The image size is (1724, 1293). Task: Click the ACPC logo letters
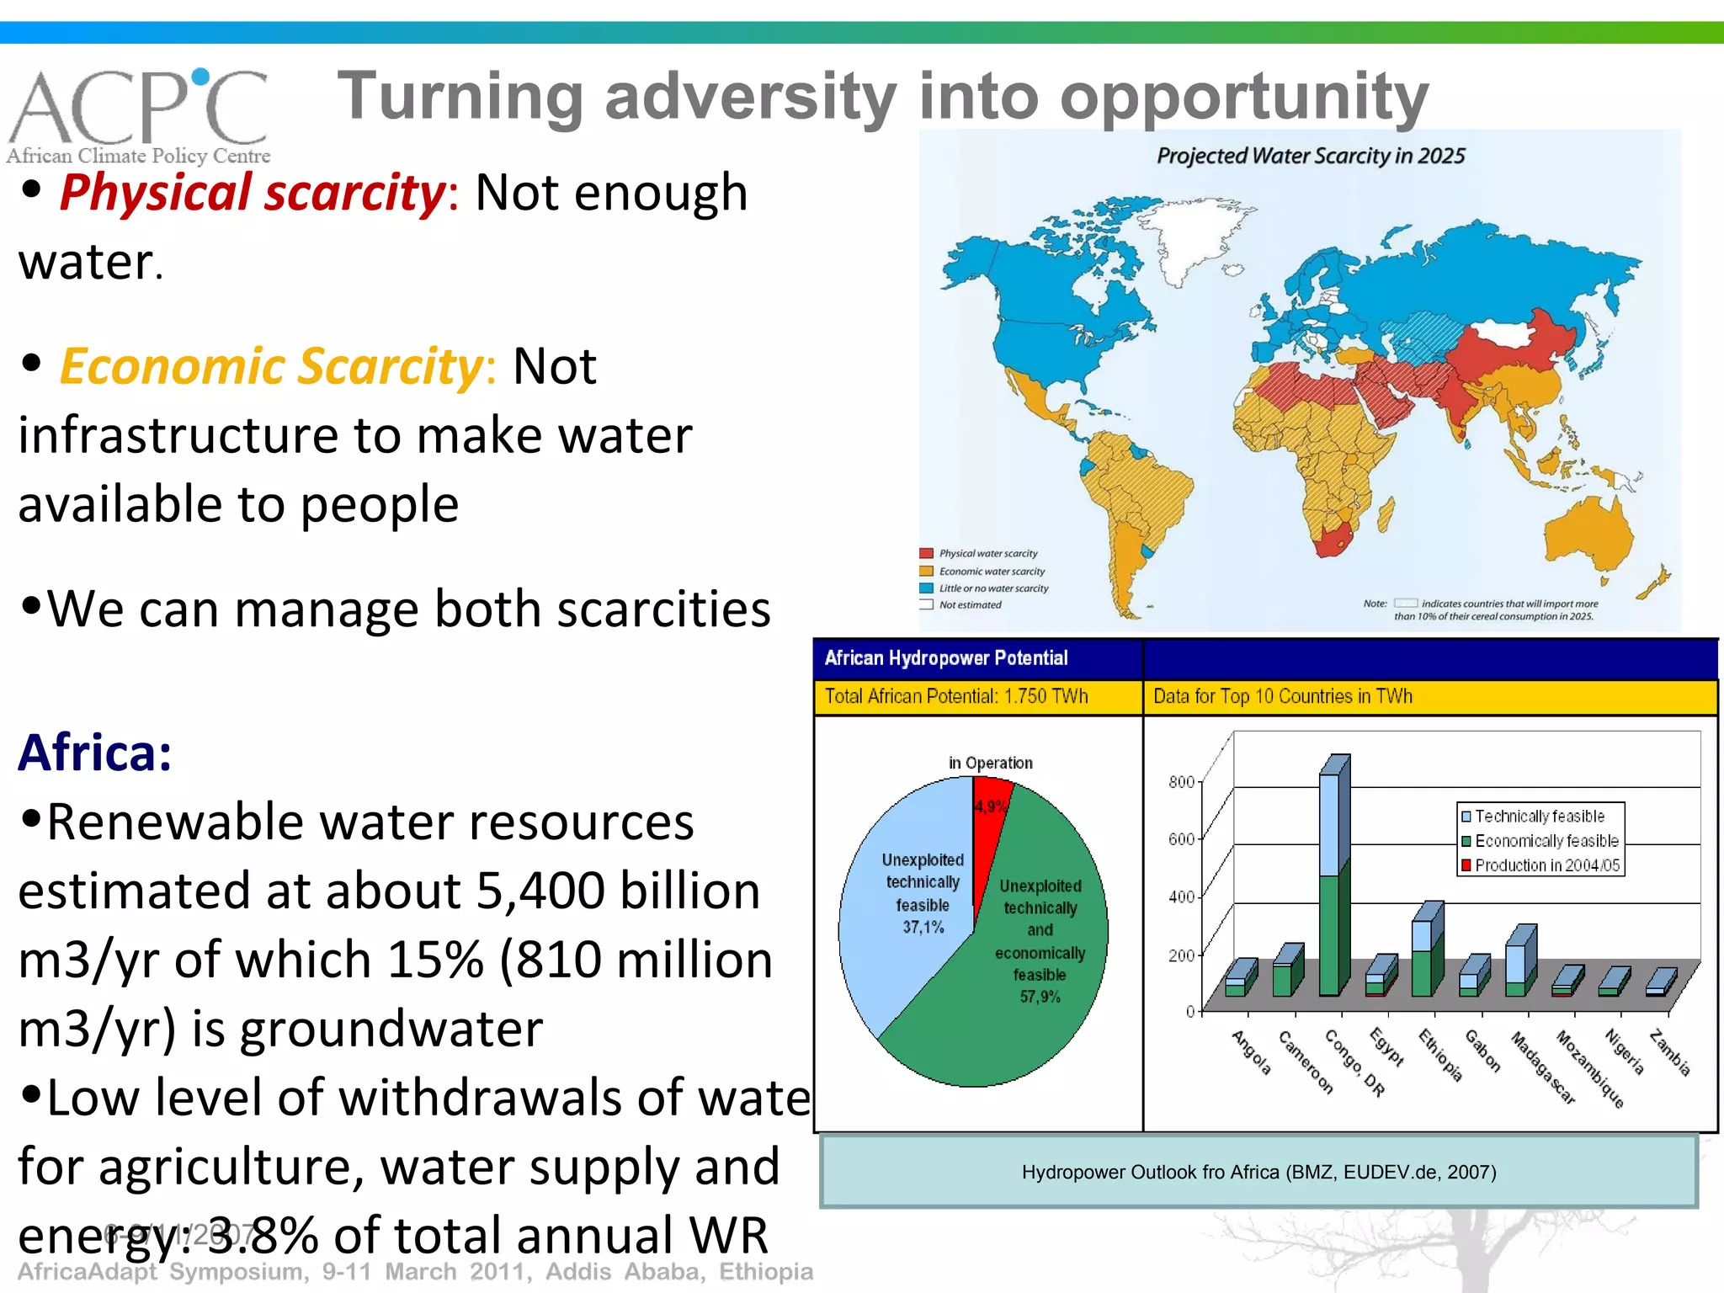point(139,107)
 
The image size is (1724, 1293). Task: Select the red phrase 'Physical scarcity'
point(253,193)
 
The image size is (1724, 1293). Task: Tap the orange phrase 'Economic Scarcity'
point(271,367)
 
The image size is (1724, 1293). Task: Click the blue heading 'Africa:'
point(95,753)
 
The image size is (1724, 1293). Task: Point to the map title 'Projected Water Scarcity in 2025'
point(1310,156)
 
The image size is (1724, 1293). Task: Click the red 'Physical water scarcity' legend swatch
point(926,553)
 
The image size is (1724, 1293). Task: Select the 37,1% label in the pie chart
point(923,928)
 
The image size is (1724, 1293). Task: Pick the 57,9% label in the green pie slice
point(1040,997)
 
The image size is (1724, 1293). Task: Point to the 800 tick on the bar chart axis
point(1180,782)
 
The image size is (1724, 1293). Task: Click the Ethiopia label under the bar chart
point(1440,1054)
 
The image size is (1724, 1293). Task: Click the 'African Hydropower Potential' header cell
point(945,658)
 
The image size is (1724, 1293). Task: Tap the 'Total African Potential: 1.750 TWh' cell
point(955,696)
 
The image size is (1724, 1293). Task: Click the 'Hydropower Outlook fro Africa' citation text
point(1258,1172)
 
